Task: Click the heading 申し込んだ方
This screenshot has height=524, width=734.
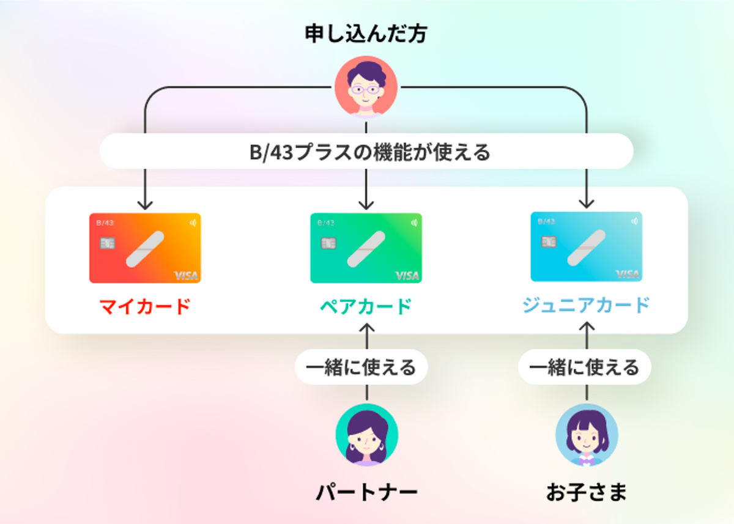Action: point(366,34)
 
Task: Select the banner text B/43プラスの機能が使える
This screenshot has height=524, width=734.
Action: point(366,151)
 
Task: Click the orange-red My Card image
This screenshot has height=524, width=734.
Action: point(145,248)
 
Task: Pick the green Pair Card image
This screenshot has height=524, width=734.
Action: point(366,248)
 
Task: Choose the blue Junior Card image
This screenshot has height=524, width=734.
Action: point(586,246)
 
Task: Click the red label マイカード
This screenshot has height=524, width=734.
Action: point(145,306)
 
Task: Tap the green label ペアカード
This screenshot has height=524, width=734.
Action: point(366,306)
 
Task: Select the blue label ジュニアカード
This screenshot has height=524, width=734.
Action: point(586,304)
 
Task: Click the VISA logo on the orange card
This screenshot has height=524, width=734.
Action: point(186,276)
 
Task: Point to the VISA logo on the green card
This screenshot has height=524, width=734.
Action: point(407,276)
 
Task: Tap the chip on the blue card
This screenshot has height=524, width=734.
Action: point(549,241)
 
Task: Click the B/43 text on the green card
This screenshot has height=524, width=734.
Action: point(326,223)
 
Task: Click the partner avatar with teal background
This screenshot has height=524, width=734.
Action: point(366,435)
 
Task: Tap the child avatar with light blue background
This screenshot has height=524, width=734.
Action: point(587,435)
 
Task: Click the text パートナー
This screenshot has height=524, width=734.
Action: point(366,491)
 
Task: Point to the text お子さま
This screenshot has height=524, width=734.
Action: point(587,491)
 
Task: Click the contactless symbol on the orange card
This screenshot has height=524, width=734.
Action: point(193,223)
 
